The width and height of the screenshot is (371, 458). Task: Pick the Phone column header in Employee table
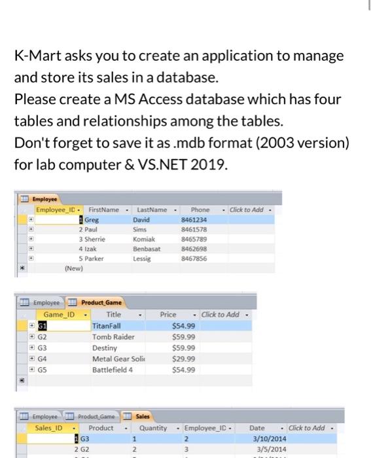tap(200, 209)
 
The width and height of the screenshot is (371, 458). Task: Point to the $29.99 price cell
tap(183, 359)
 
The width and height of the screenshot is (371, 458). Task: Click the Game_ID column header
tap(59, 315)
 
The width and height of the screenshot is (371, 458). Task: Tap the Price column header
tap(168, 315)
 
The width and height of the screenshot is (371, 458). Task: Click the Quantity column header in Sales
tap(154, 428)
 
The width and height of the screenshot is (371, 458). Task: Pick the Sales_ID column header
tap(50, 428)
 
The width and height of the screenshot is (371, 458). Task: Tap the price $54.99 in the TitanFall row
tap(183, 326)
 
